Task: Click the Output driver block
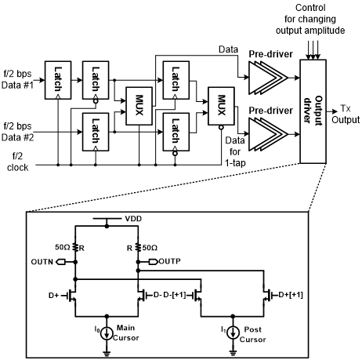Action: click(x=313, y=111)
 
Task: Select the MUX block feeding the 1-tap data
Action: click(x=221, y=106)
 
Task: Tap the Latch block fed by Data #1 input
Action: click(x=58, y=80)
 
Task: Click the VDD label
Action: click(x=133, y=219)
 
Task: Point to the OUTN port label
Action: click(x=42, y=262)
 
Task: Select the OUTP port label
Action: click(x=169, y=261)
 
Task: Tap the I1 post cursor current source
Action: click(x=233, y=333)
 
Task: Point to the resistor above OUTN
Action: click(x=75, y=247)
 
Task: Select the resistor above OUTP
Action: click(x=138, y=247)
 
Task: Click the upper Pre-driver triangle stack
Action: click(x=268, y=78)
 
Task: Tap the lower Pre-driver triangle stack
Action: click(x=268, y=134)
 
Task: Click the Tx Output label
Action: click(x=346, y=114)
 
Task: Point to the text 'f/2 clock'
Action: click(x=17, y=162)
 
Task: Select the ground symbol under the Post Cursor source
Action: click(x=233, y=353)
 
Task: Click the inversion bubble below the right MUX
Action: click(x=221, y=128)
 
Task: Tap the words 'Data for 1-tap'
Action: click(x=235, y=151)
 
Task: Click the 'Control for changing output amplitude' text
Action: click(x=310, y=19)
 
